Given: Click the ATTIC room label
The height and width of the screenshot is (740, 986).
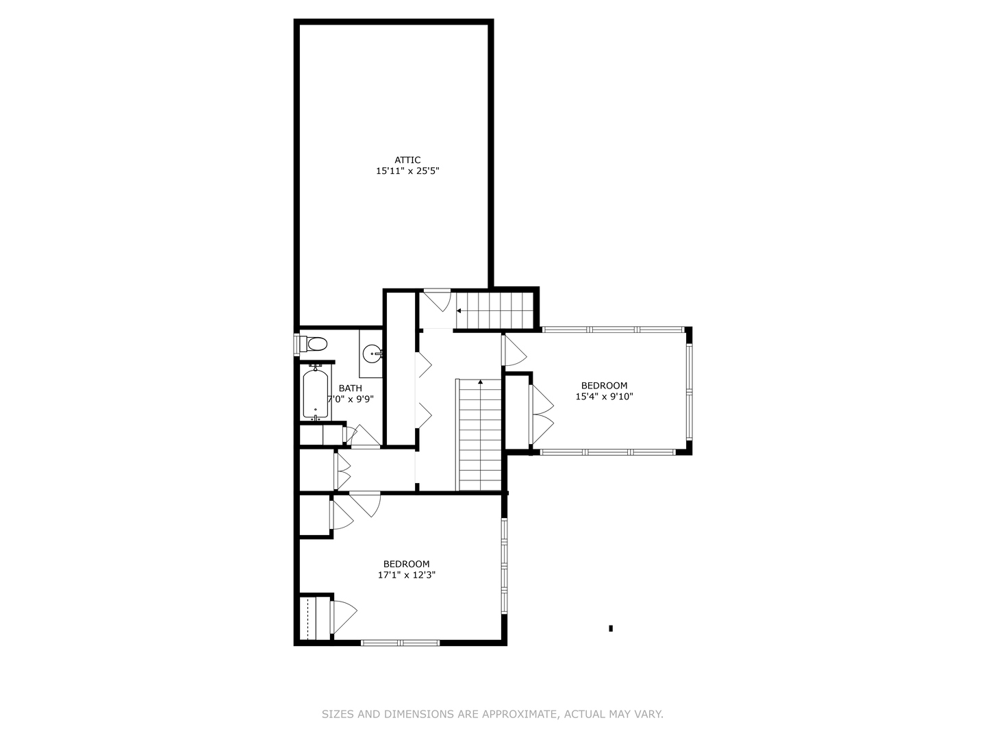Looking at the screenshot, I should point(407,160).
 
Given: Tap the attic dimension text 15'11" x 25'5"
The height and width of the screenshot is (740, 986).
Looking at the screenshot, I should point(407,171).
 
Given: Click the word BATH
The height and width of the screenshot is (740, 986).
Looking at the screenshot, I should point(351,388).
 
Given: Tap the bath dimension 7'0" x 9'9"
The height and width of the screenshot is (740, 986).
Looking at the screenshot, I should point(351,399).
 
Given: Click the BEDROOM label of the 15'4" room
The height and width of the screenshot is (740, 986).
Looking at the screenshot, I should point(604,386).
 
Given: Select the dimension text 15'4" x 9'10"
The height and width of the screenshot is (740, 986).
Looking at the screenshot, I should point(604,396).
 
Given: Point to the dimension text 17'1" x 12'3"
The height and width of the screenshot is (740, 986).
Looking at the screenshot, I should point(407,576).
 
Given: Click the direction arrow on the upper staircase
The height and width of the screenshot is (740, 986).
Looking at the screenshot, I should point(459,310).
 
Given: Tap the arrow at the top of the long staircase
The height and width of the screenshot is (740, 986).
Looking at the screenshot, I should point(481,382).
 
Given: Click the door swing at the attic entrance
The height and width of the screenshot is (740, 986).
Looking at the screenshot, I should point(436,300).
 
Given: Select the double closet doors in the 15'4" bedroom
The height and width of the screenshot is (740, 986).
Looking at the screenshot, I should point(542,415).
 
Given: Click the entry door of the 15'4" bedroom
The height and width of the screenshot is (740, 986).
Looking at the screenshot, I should point(514,349).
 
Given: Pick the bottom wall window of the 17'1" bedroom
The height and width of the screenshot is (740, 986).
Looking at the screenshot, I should point(400,643).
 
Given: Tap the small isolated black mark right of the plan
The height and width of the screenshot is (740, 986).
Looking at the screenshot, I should point(611,628).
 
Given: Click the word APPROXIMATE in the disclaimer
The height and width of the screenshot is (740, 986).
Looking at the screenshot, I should point(518,715).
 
